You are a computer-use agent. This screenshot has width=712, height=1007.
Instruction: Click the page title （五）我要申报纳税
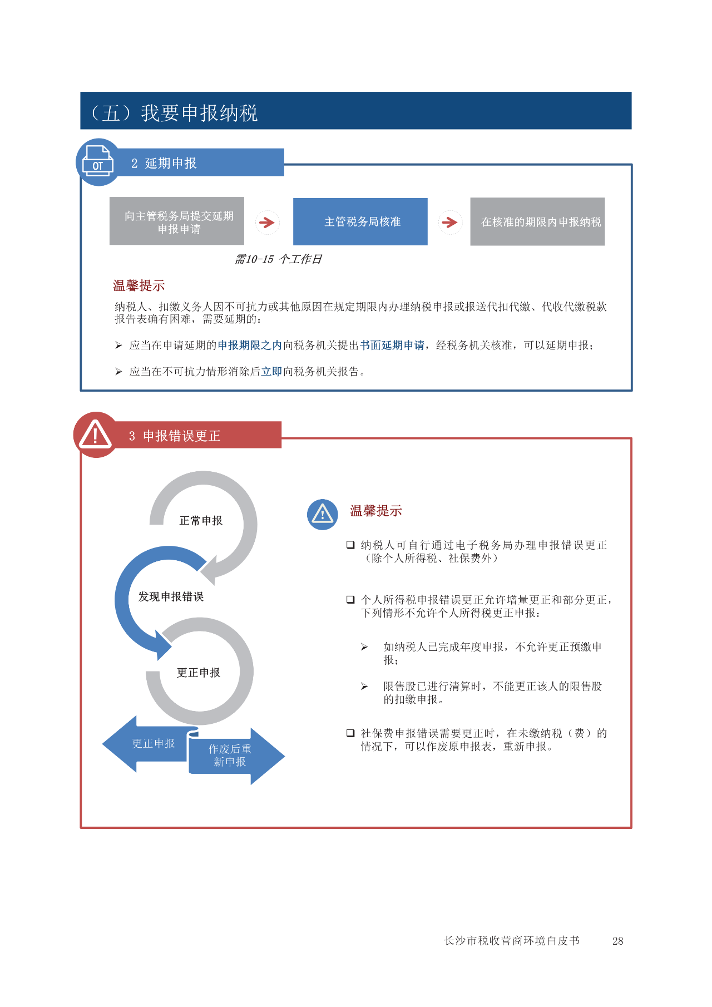pos(174,113)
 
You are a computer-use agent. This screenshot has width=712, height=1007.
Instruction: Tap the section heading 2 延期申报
pos(164,163)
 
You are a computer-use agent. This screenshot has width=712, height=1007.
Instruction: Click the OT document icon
pos(98,162)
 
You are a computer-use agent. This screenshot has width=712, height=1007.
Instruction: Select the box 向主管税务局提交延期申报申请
pos(177,221)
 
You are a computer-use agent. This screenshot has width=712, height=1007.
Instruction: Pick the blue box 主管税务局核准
pos(360,221)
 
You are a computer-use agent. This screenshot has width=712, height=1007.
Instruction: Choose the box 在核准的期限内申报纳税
pos(537,221)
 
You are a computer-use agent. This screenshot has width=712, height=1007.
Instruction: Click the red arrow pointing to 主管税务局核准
pos(268,223)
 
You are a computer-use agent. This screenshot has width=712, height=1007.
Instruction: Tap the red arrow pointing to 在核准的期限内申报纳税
pos(449,223)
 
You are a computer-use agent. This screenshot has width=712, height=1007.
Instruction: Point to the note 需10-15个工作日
pos(278,259)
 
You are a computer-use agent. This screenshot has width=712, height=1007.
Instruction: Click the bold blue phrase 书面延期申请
pos(392,345)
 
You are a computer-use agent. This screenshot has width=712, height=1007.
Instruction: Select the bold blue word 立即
pos(272,372)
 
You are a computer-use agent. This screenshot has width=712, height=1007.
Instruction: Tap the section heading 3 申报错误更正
pos(175,436)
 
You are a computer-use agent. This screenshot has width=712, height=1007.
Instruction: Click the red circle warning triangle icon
pos(96,435)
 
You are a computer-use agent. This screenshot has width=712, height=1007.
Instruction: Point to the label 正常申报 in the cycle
pos(201,521)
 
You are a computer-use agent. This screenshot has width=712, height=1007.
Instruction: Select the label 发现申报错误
pos(171,597)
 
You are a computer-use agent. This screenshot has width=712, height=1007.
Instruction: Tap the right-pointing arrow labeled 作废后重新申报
pos(236,756)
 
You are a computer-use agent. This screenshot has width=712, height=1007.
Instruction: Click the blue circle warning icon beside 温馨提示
pos(323,514)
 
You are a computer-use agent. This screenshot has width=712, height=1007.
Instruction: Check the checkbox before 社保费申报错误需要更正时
pos(350,733)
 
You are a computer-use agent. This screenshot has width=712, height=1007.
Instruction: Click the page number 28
pos(617,941)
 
